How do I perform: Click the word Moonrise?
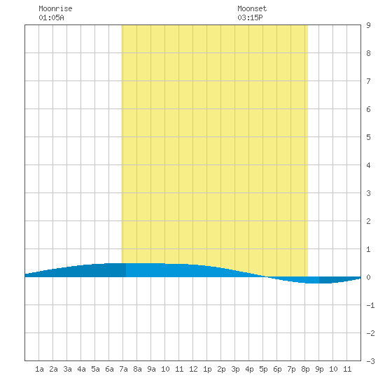pyautogui.click(x=55, y=8)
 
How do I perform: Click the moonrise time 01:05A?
pyautogui.click(x=51, y=17)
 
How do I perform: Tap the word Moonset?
pyautogui.click(x=252, y=8)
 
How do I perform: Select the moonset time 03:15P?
pyautogui.click(x=250, y=17)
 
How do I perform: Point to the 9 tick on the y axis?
pyautogui.click(x=368, y=25)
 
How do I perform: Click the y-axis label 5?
pyautogui.click(x=368, y=137)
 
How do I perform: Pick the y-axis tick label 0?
pyautogui.click(x=368, y=277)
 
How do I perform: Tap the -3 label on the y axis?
pyautogui.click(x=370, y=361)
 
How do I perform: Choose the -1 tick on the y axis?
pyautogui.click(x=370, y=305)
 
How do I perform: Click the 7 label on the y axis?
pyautogui.click(x=368, y=81)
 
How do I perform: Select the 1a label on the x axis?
pyautogui.click(x=39, y=369)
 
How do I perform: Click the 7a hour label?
pyautogui.click(x=123, y=369)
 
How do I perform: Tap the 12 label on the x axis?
pyautogui.click(x=193, y=369)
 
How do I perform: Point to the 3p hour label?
pyautogui.click(x=235, y=369)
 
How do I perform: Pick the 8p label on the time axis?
pyautogui.click(x=305, y=369)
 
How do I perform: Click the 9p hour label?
pyautogui.click(x=319, y=369)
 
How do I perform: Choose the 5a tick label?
pyautogui.click(x=95, y=369)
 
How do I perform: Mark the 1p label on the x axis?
pyautogui.click(x=207, y=369)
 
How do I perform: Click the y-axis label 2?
pyautogui.click(x=368, y=221)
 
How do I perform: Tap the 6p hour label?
pyautogui.click(x=277, y=369)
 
